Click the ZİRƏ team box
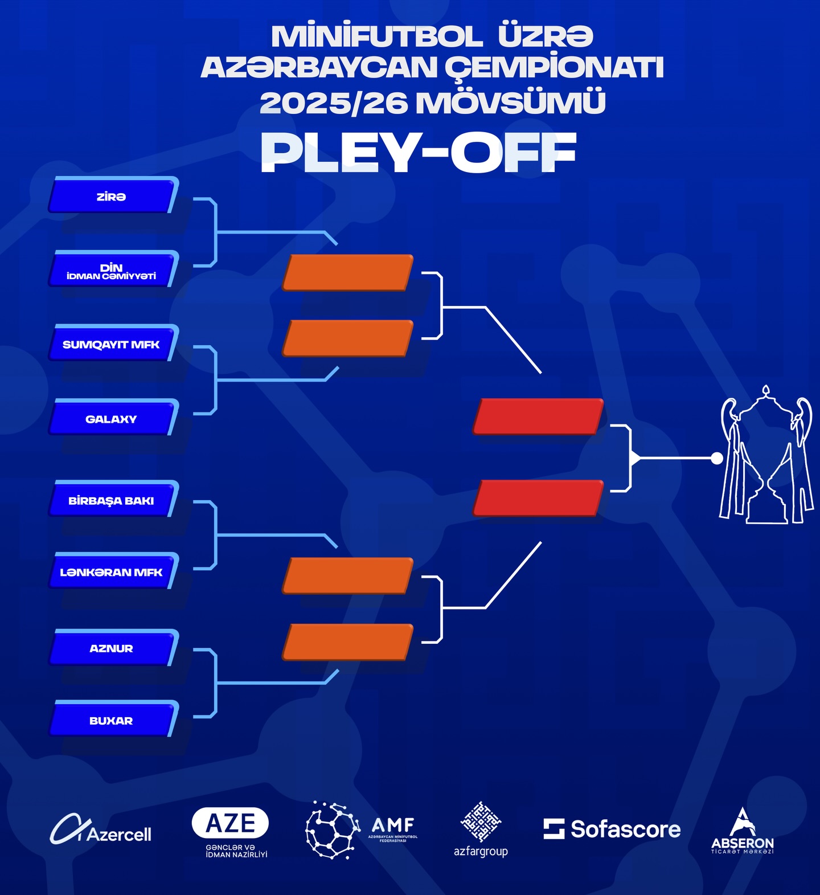tap(112, 196)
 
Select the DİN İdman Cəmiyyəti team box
tap(112, 270)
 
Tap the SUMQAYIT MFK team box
tap(112, 344)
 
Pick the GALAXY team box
tap(112, 419)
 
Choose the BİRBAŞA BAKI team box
tap(112, 500)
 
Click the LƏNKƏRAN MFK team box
tap(112, 571)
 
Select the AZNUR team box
tap(112, 648)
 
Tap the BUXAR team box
tap(112, 720)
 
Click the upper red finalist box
tap(538, 416)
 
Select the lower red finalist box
tap(538, 498)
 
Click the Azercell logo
tap(101, 830)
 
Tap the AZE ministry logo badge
tap(231, 824)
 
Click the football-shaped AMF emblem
tap(332, 829)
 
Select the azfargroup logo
tap(481, 829)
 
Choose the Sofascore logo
tap(612, 829)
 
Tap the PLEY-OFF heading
tap(419, 153)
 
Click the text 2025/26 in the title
tap(334, 103)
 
